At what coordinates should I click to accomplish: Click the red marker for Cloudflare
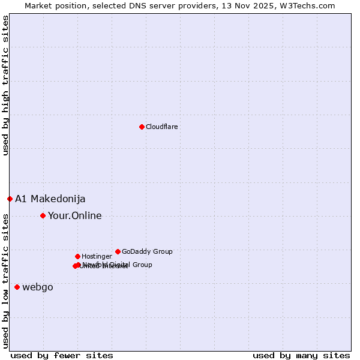(142, 127)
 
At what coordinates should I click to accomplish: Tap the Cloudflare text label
(162, 127)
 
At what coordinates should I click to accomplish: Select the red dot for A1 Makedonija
(10, 199)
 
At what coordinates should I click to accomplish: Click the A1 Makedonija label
(50, 199)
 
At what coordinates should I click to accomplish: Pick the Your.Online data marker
(43, 215)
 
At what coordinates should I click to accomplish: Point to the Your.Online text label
(75, 216)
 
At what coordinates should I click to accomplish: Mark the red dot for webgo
(17, 287)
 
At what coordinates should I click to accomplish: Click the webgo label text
(38, 287)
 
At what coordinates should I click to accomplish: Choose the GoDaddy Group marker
(118, 251)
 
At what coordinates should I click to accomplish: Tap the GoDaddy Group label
(147, 252)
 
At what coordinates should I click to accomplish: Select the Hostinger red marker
(77, 256)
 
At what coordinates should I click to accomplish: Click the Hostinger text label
(97, 257)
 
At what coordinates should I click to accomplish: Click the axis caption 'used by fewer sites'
(62, 355)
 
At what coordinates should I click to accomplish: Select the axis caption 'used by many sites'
(301, 355)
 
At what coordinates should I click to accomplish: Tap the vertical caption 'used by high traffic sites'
(6, 85)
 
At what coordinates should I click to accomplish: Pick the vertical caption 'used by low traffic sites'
(6, 281)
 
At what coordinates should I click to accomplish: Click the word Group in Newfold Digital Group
(142, 265)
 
